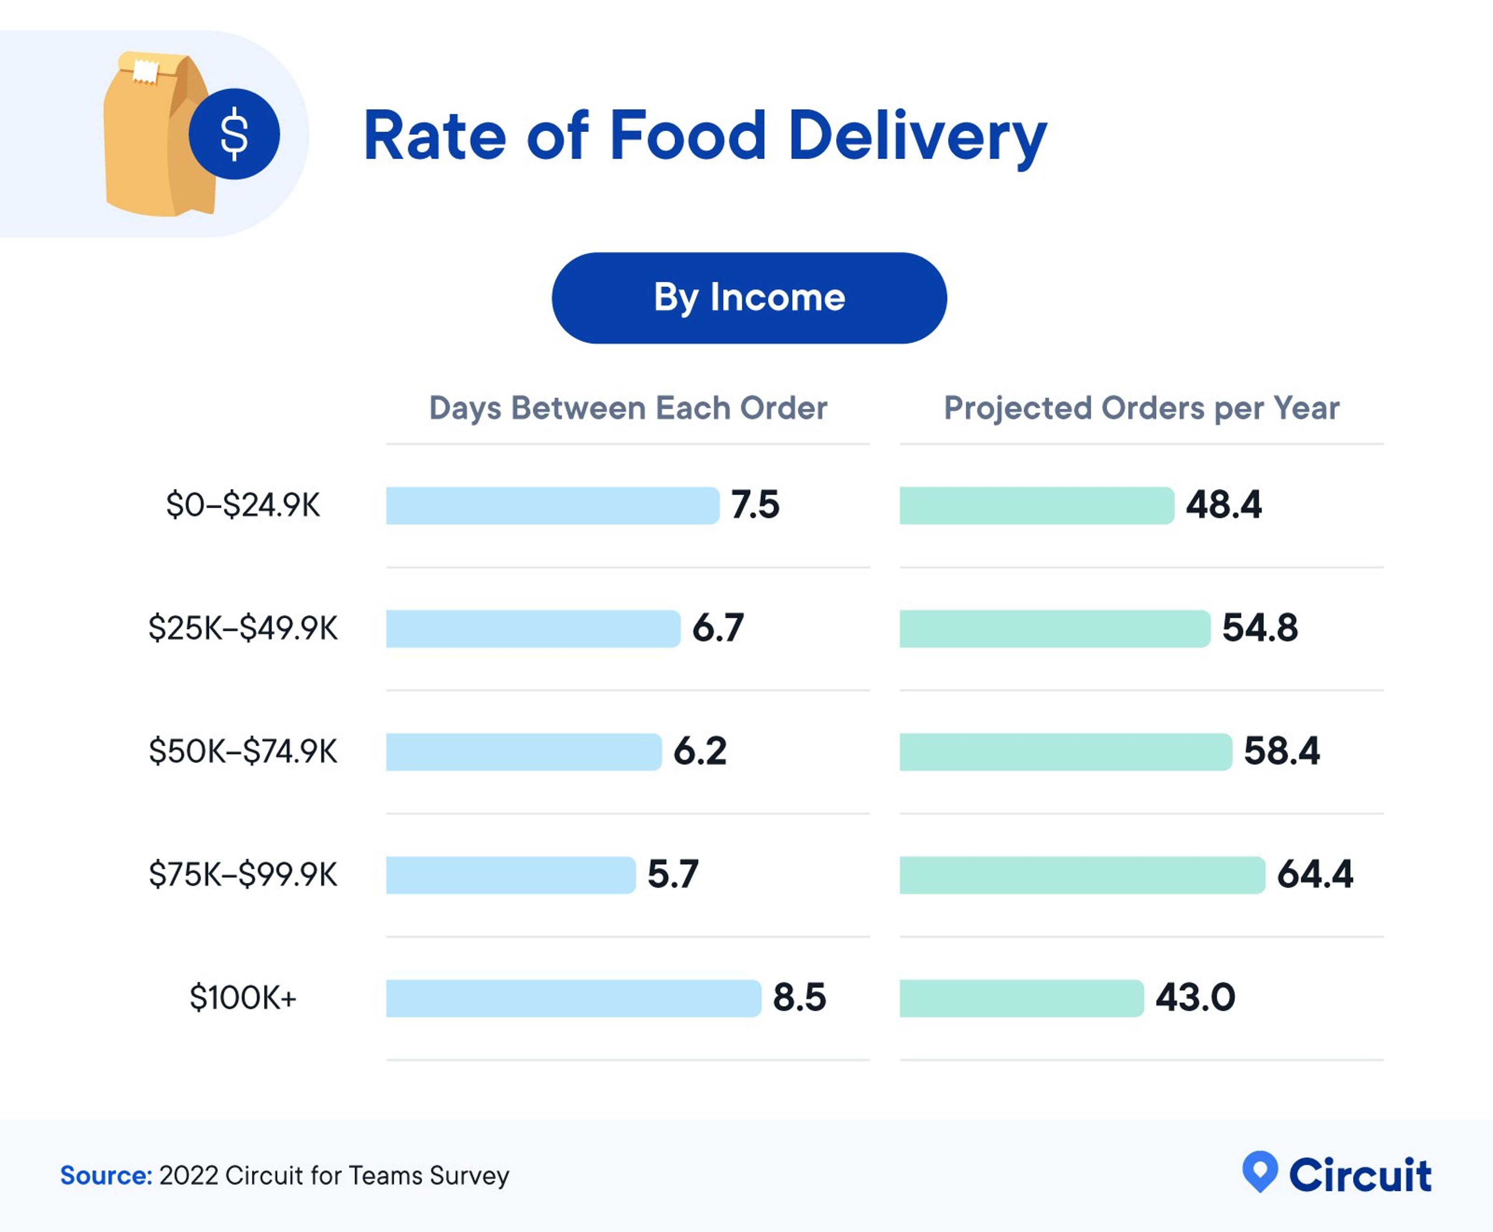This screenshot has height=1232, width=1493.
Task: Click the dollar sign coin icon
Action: pos(234,134)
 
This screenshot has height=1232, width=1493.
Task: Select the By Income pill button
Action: pos(748,298)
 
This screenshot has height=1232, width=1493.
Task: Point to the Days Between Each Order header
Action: pos(628,408)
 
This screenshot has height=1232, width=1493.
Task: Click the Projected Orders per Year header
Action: pos(1141,408)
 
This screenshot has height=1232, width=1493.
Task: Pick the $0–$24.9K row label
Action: pos(243,505)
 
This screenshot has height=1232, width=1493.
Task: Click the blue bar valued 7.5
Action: pos(552,505)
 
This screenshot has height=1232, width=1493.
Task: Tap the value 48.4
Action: pos(1223,505)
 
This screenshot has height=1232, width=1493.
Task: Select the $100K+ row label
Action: pos(243,998)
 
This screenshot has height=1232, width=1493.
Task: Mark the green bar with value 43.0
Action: pos(1021,998)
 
